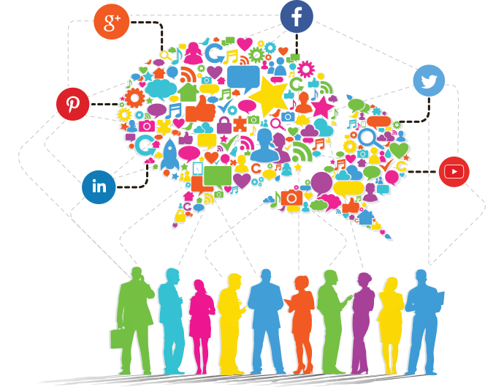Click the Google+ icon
[x=112, y=23]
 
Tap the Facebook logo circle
[x=297, y=17]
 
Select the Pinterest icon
[x=73, y=104]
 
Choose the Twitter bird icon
[x=429, y=80]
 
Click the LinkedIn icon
[x=99, y=187]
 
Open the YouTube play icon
[x=454, y=172]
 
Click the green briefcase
[x=118, y=338]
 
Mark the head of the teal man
[x=172, y=277]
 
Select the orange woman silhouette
[x=301, y=322]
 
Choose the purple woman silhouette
[x=360, y=322]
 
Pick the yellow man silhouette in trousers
[x=231, y=322]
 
